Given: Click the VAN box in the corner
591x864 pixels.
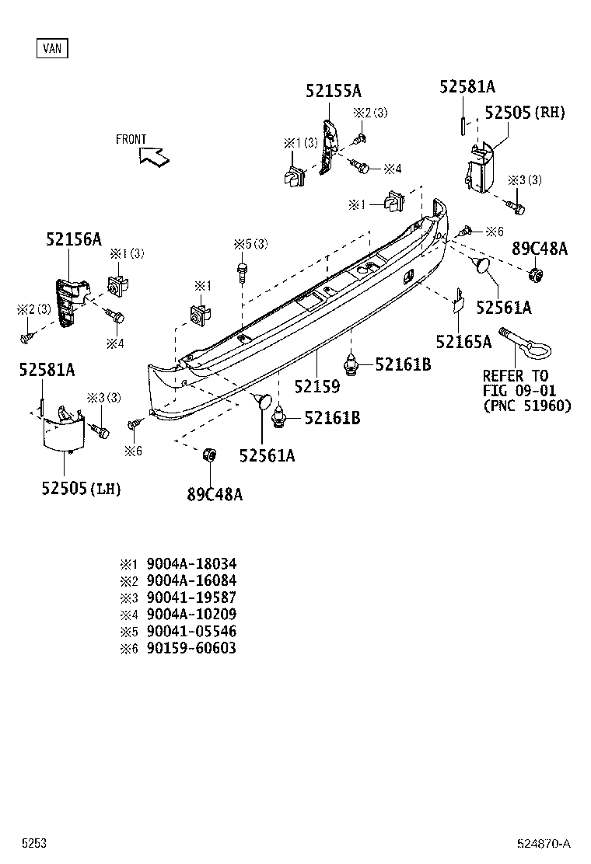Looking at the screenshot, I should (x=52, y=48).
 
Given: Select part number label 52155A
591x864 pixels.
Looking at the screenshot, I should (x=333, y=92).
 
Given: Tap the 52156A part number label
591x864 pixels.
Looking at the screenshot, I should (x=73, y=239).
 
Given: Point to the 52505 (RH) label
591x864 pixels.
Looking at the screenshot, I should (x=525, y=113).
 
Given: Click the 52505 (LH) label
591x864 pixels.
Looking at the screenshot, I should (x=82, y=488).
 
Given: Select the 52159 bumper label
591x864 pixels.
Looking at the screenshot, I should (x=317, y=385).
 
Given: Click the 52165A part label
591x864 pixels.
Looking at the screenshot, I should (x=463, y=342).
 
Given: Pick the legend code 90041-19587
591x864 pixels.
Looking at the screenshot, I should (x=191, y=597).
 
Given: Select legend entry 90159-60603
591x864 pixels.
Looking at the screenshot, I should (x=191, y=648).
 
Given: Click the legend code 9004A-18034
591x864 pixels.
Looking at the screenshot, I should (x=191, y=563).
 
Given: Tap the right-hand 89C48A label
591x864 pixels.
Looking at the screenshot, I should (x=539, y=249).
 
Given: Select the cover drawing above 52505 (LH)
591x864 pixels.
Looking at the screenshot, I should (x=62, y=430).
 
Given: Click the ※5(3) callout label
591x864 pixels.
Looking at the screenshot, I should (x=250, y=244).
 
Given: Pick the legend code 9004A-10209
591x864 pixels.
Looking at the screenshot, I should (x=191, y=614).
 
